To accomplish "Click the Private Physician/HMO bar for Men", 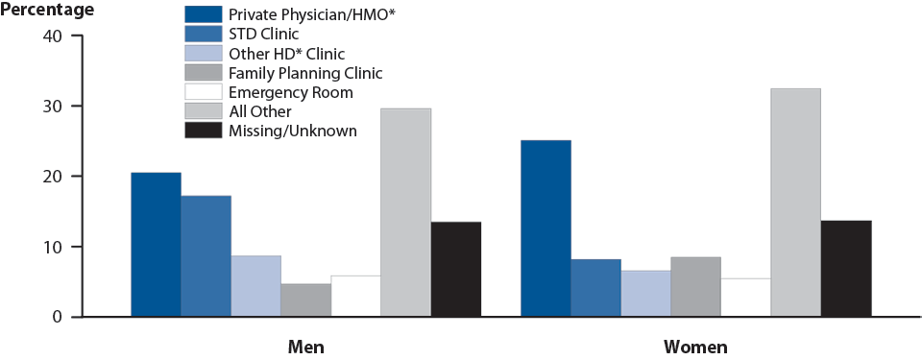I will click(x=156, y=245).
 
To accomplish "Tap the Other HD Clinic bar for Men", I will click(x=255, y=286).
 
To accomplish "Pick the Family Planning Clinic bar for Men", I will click(x=305, y=300).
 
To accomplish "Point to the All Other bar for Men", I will click(x=405, y=213).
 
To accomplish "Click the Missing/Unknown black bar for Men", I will click(x=455, y=270).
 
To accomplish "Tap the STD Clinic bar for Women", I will click(x=595, y=288).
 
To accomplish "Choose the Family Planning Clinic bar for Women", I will click(x=695, y=287).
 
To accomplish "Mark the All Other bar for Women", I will click(x=795, y=203).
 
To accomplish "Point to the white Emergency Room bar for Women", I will click(x=745, y=298).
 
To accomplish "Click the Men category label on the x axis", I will click(x=305, y=346).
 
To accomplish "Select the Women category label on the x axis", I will click(x=695, y=346).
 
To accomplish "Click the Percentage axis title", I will click(x=48, y=11).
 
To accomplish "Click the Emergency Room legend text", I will click(x=290, y=92).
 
